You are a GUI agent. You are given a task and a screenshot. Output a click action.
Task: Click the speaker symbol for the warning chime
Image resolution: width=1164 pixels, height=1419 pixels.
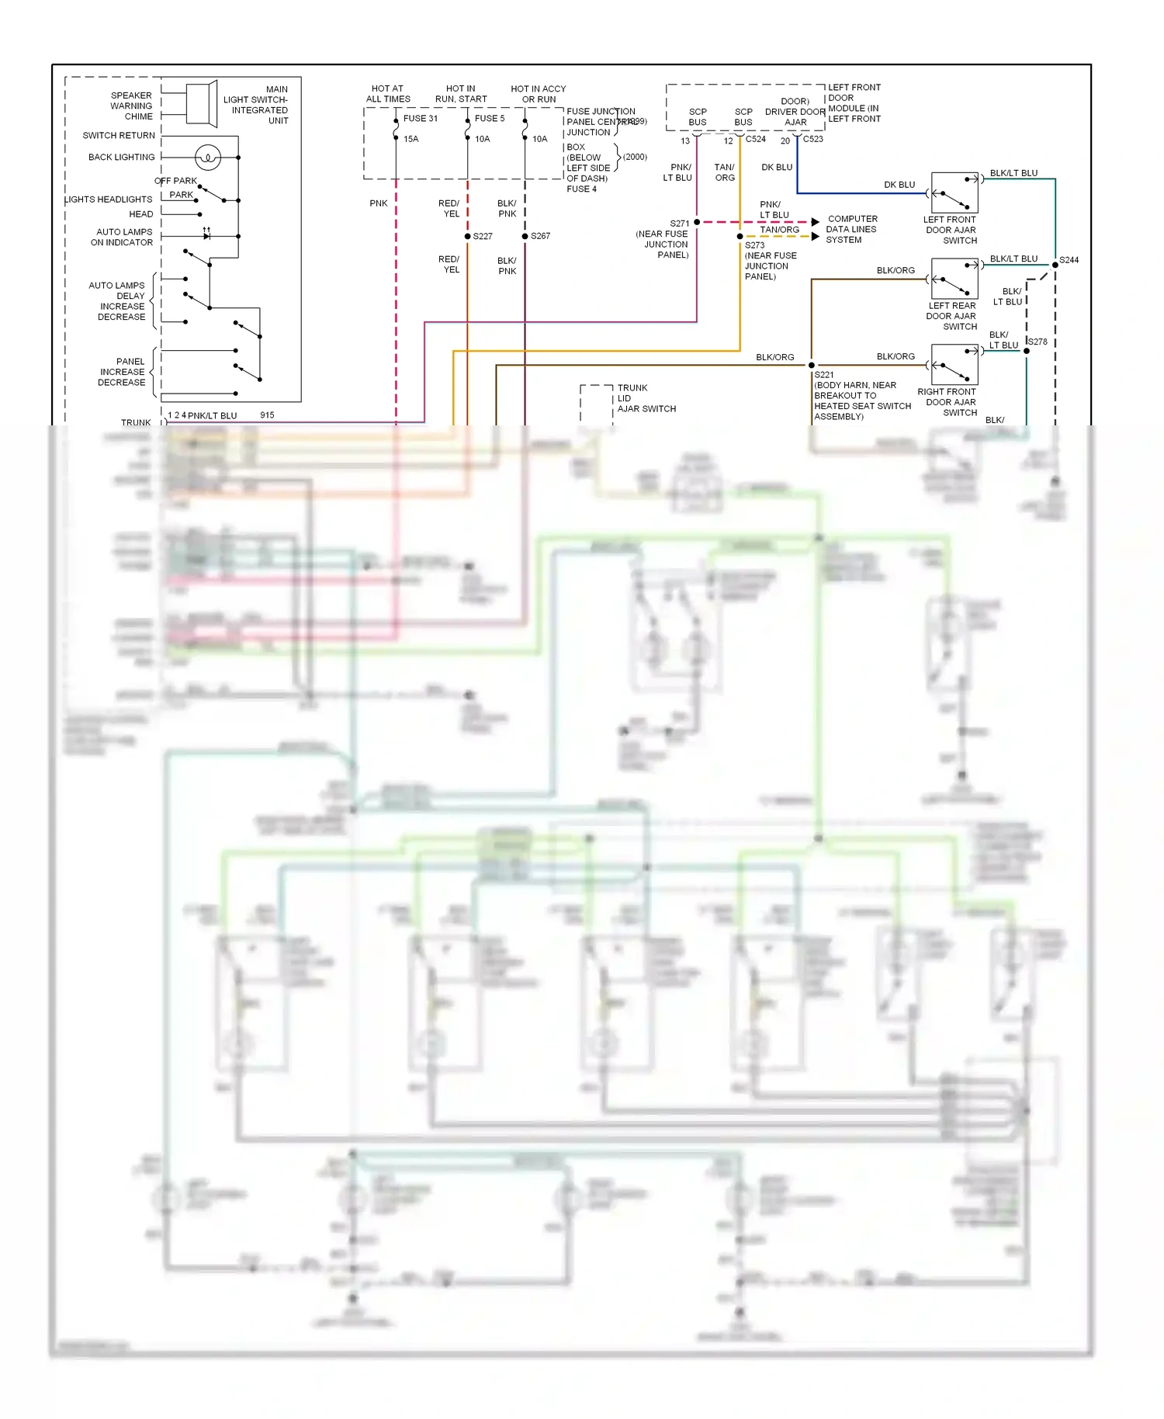201,103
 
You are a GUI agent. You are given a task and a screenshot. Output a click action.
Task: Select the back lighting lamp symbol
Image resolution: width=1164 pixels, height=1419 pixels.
208,158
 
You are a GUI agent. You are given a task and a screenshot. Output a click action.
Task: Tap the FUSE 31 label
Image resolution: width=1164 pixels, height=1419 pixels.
420,119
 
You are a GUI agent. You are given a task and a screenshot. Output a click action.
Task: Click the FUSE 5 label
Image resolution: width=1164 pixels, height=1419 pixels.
490,119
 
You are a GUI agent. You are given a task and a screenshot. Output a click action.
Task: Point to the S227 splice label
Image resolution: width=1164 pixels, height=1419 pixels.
483,236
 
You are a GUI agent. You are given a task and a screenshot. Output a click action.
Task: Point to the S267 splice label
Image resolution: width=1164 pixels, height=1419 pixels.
540,236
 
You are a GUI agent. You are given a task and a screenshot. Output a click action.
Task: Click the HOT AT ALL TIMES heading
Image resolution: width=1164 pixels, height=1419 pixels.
388,94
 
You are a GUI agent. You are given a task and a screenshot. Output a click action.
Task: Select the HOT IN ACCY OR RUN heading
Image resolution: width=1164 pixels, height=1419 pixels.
539,94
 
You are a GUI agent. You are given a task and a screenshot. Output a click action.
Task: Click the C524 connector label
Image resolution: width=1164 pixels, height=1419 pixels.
756,140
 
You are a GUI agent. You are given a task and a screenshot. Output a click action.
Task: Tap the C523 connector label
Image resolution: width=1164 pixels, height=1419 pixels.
813,140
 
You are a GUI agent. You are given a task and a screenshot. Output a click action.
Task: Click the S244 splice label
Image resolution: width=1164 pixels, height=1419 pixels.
1069,260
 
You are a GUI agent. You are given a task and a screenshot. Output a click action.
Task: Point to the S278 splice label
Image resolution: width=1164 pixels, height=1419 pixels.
1038,342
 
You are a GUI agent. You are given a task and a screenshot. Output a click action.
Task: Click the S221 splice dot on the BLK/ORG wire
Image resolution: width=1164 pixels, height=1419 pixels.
812,365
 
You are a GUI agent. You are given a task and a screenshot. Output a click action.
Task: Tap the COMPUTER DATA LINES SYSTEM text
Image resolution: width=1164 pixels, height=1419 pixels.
852,230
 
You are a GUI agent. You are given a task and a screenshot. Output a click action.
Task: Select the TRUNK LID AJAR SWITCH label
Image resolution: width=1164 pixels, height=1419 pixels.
646,398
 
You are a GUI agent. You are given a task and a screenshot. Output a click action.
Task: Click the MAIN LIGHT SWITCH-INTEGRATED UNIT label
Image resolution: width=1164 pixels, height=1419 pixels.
256,105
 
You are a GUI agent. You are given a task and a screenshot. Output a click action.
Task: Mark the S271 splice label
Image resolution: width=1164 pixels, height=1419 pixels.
680,224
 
